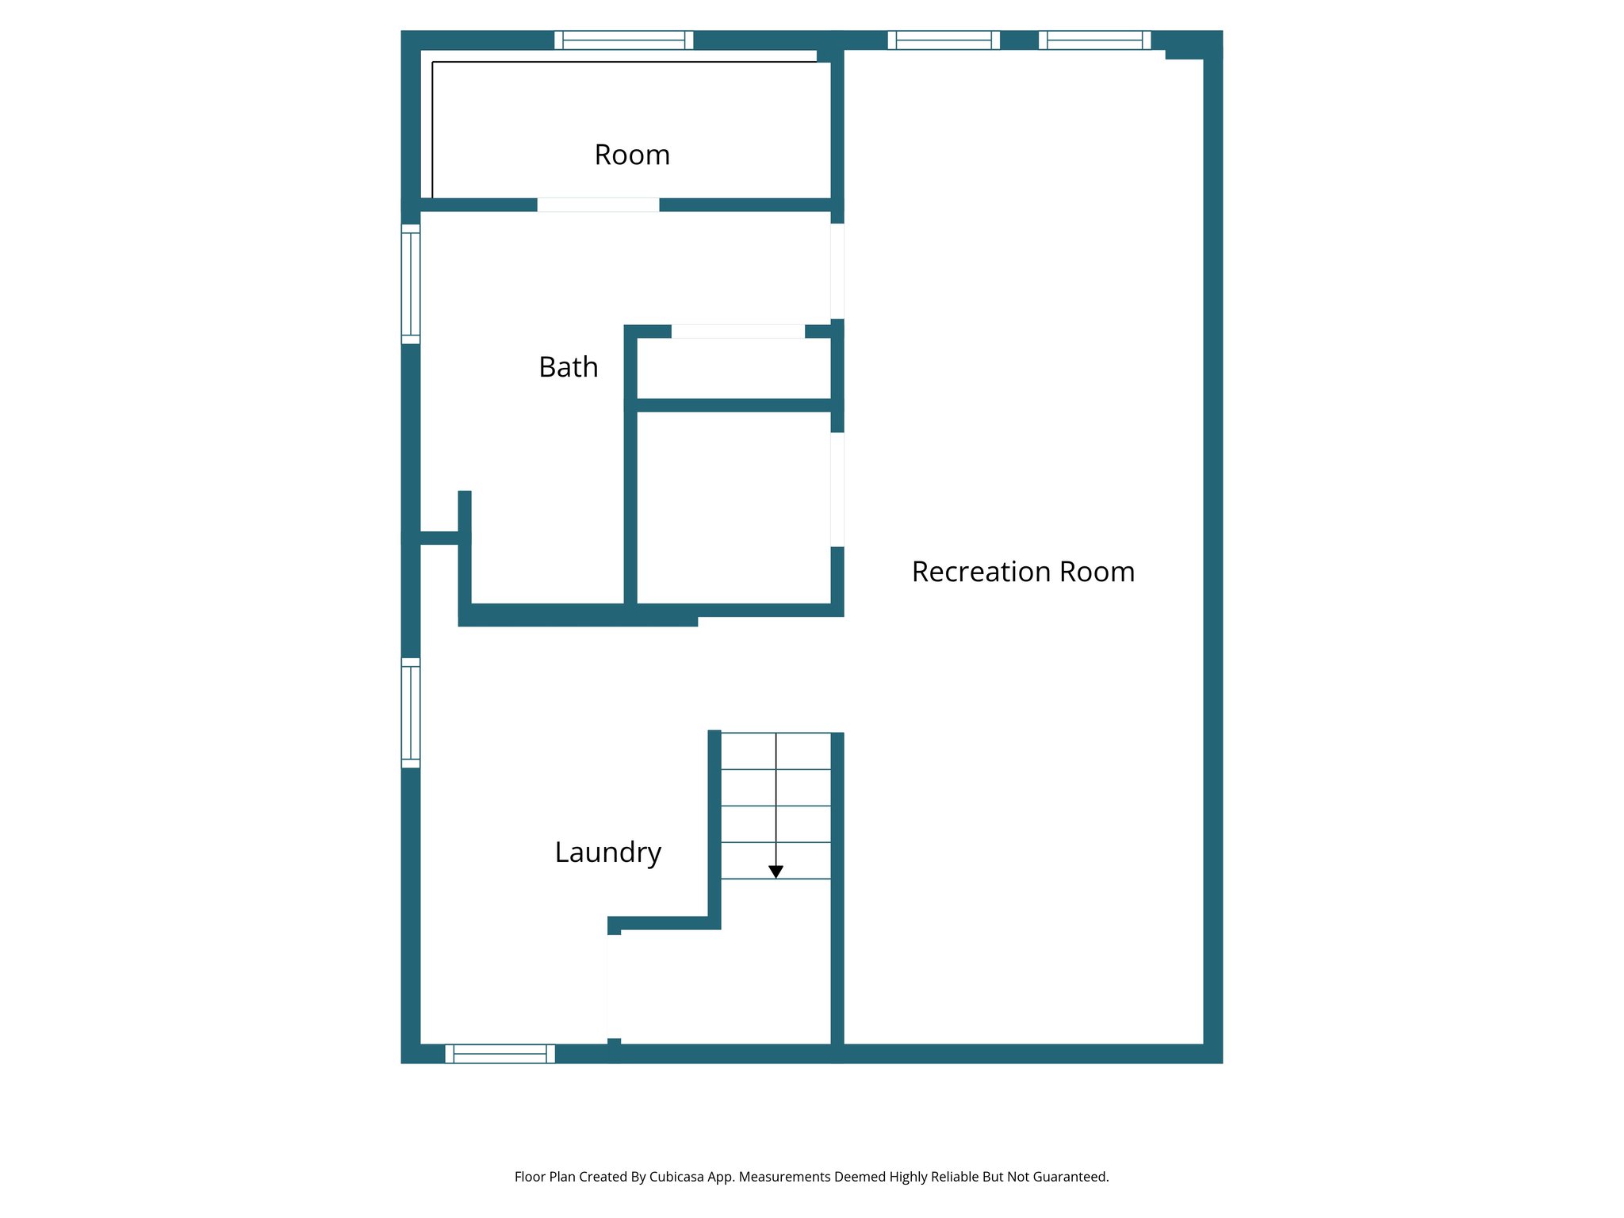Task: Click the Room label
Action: coord(632,155)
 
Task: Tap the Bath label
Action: coord(568,367)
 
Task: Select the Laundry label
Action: coord(607,852)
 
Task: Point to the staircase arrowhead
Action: coord(776,871)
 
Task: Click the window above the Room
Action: coord(623,40)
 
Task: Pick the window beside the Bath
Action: coord(410,284)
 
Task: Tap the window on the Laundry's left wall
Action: coord(410,712)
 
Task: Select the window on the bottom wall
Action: coord(500,1053)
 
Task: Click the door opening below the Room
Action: coord(598,205)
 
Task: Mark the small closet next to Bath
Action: coord(733,369)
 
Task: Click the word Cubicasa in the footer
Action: coord(676,1177)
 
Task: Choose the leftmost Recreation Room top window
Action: coord(943,40)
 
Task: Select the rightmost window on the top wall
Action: coord(1094,40)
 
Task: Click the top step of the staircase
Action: coord(776,750)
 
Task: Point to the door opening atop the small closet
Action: coord(737,331)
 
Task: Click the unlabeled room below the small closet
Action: coord(733,507)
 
